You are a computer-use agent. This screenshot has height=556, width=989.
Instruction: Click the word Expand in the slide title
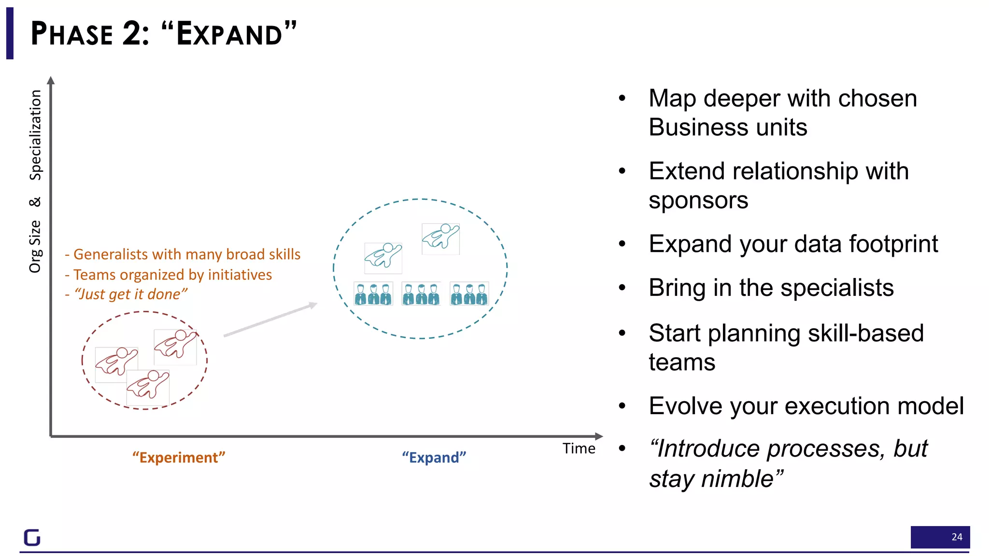point(229,34)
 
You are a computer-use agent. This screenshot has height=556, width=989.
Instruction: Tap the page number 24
point(956,537)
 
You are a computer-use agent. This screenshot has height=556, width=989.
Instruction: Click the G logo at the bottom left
point(32,537)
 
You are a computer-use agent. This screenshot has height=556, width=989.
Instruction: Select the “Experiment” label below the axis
point(179,457)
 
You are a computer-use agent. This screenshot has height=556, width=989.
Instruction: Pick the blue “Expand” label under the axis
point(434,457)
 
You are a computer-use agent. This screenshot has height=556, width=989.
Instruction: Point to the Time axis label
point(579,448)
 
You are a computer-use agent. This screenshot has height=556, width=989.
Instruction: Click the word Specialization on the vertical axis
point(36,135)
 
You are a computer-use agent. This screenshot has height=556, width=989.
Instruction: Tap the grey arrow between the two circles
point(270,320)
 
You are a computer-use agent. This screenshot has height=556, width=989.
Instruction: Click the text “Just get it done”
point(130,294)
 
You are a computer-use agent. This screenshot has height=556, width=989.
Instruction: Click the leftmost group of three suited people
point(373,293)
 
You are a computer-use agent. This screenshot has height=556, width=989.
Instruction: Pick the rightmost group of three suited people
point(469,293)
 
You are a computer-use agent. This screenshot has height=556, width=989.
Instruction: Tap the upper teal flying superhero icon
point(440,238)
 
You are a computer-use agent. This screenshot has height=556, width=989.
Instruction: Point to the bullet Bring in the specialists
point(771,288)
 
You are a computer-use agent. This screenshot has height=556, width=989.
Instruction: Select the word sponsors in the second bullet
point(698,200)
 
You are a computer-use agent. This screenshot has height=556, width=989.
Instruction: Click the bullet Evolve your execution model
point(806,406)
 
